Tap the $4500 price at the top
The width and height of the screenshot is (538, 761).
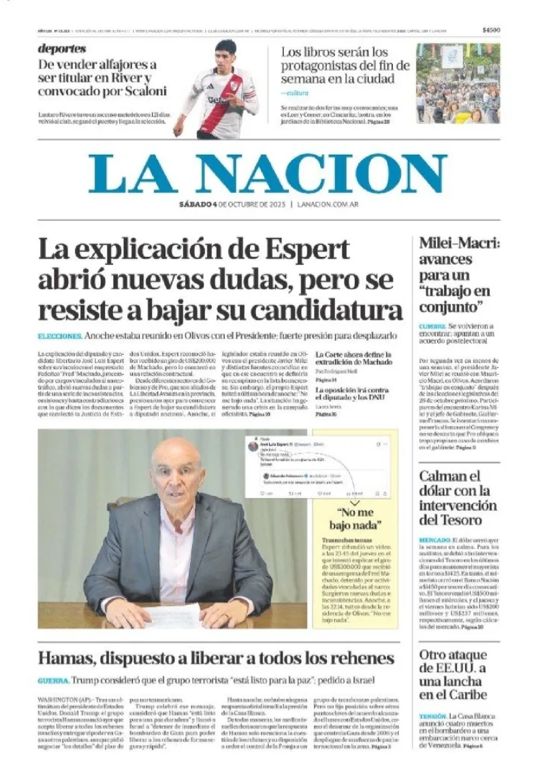490,30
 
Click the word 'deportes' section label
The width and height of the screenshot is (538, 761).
62,49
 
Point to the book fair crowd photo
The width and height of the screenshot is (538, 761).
458,84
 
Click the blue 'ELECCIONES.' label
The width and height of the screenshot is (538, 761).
60,337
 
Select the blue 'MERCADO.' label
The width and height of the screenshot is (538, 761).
434,540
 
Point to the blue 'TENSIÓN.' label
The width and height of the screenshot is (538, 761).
433,717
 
